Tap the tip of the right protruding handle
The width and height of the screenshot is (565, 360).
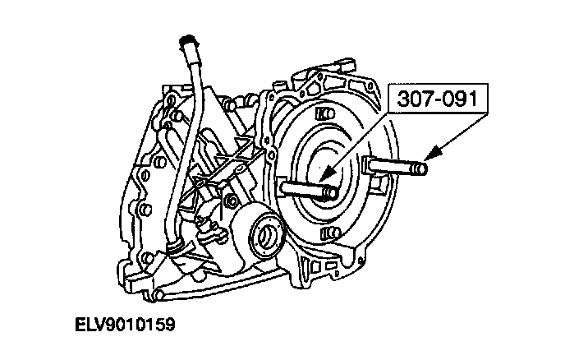(x=421, y=170)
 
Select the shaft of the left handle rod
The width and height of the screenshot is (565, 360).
(x=304, y=188)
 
